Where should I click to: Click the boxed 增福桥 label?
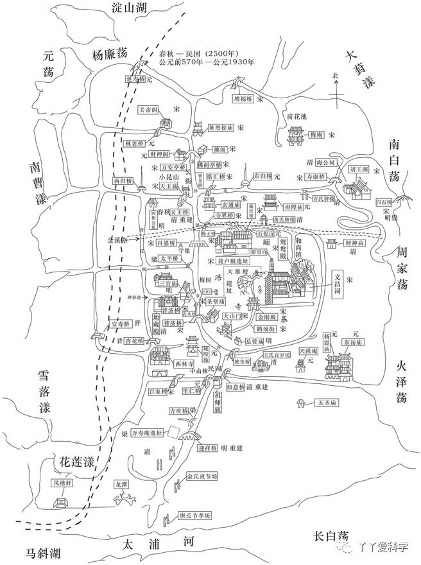[243, 99]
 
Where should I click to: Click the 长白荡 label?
[331, 536]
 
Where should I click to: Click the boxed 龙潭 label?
[121, 483]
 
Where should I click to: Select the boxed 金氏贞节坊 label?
[202, 477]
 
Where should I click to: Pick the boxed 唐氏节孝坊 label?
[194, 516]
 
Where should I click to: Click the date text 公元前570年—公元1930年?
[206, 62]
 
